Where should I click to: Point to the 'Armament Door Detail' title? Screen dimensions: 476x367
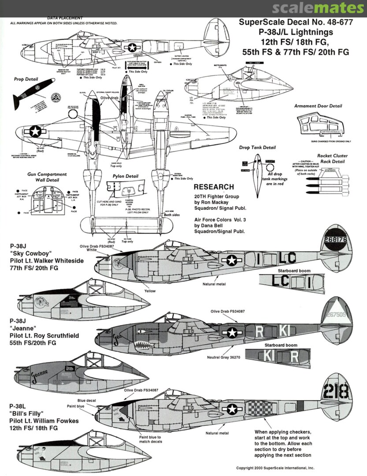click(x=318, y=106)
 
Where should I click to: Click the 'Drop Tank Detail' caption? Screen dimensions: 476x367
click(x=257, y=148)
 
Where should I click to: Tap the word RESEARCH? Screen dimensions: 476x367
click(x=214, y=187)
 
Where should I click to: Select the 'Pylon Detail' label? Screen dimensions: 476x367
click(x=126, y=176)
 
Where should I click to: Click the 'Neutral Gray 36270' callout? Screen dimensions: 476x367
click(x=223, y=357)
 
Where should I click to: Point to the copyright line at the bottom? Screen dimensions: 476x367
click(x=275, y=468)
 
